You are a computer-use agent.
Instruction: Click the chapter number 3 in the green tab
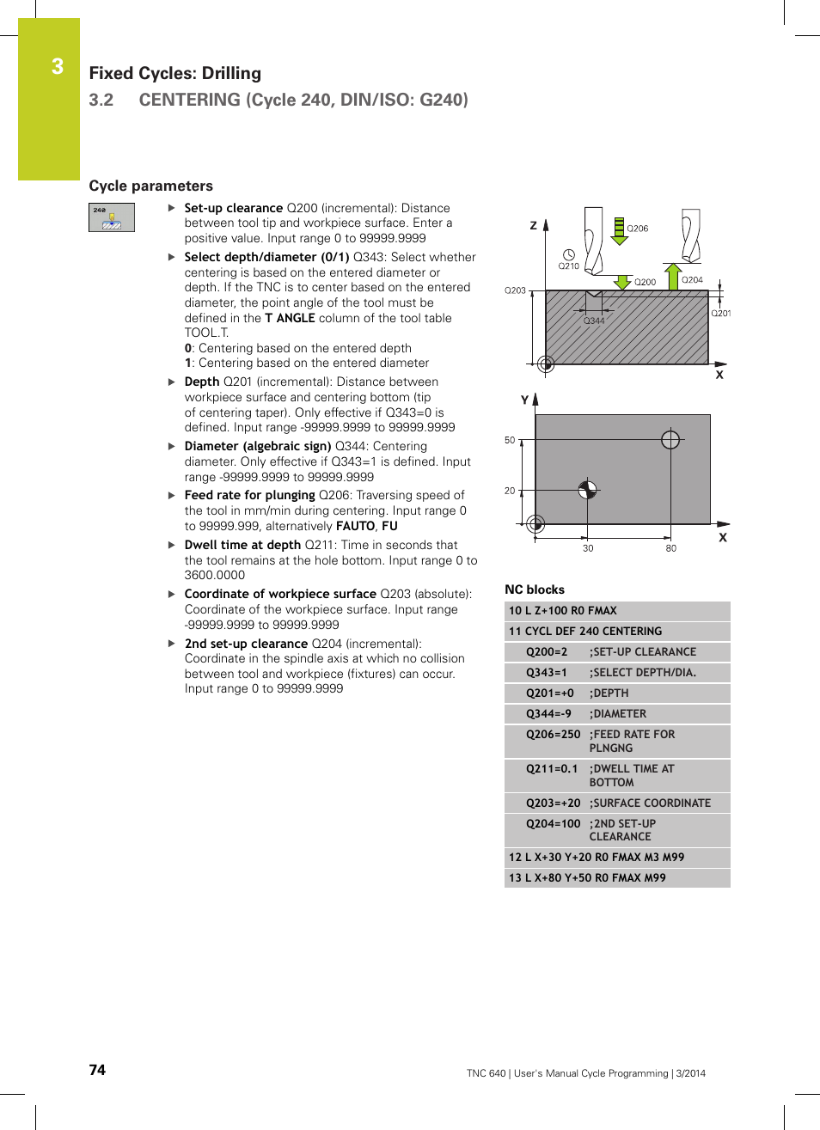(x=57, y=67)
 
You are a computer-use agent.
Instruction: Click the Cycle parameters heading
(x=150, y=186)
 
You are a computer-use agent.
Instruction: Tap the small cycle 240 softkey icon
(x=112, y=217)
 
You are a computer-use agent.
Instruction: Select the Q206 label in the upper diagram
(x=637, y=229)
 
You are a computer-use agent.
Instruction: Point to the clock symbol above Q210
(x=568, y=254)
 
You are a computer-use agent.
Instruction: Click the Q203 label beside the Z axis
(x=515, y=290)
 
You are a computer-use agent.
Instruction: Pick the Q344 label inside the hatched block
(x=594, y=321)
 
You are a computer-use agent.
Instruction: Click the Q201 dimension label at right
(x=720, y=314)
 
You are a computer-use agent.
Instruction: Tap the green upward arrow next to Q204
(x=673, y=277)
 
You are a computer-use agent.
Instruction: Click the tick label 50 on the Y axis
(x=510, y=440)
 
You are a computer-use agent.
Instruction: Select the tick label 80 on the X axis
(x=670, y=548)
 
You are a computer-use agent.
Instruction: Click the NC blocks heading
(x=535, y=589)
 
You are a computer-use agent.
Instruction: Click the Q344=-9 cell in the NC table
(x=548, y=714)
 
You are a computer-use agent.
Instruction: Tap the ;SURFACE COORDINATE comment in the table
(x=650, y=803)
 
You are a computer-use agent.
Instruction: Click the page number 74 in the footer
(x=97, y=1070)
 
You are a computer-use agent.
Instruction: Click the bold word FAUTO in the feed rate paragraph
(x=355, y=527)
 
